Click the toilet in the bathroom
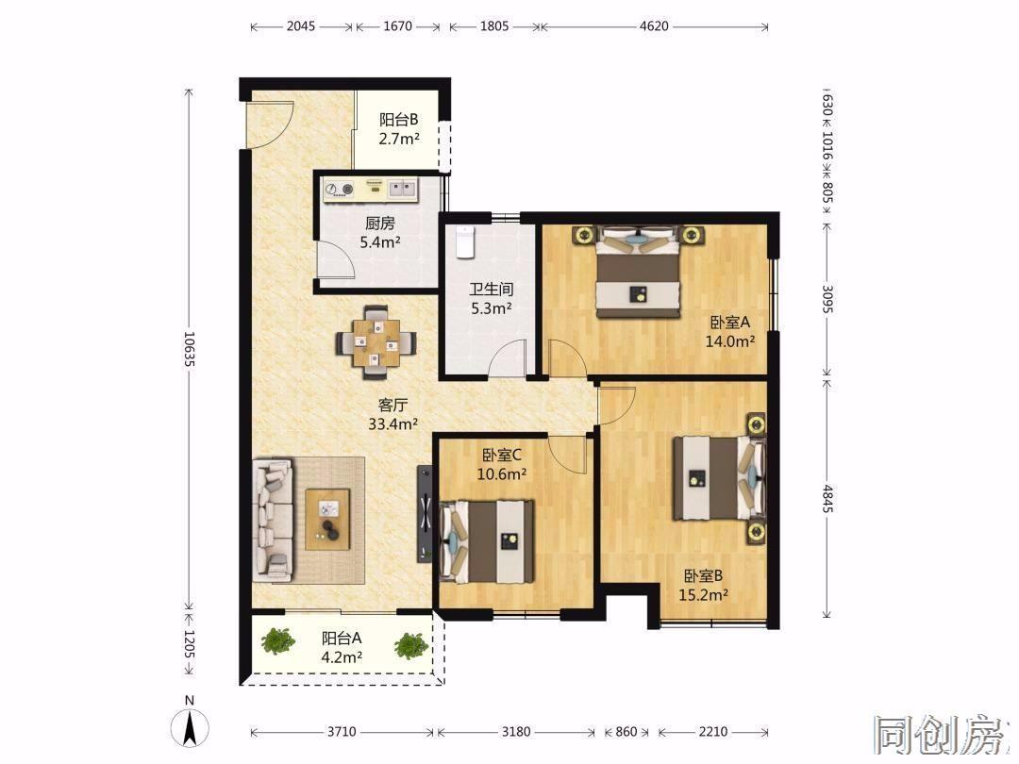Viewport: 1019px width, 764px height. tap(464, 242)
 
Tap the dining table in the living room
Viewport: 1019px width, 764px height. tap(376, 342)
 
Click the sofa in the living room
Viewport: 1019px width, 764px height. tap(273, 521)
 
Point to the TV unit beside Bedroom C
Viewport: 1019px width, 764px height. tap(425, 514)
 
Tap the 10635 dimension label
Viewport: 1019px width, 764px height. tap(189, 350)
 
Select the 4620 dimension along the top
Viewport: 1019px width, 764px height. tap(654, 26)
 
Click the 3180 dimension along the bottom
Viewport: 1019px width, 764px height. tap(516, 732)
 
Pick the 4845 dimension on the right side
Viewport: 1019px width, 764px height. tap(827, 498)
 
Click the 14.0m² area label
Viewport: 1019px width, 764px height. tap(730, 341)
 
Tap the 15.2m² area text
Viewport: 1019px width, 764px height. tap(703, 594)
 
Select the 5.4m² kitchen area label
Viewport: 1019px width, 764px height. tap(380, 242)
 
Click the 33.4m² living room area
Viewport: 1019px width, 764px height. tap(393, 424)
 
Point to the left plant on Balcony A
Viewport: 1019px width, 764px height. tap(278, 640)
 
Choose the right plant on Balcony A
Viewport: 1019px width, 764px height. tap(410, 645)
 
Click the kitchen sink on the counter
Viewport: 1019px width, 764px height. tap(402, 189)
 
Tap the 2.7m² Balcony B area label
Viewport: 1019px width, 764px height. tap(399, 139)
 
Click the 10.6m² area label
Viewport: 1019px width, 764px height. tap(502, 474)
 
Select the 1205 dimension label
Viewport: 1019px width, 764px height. tap(189, 643)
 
